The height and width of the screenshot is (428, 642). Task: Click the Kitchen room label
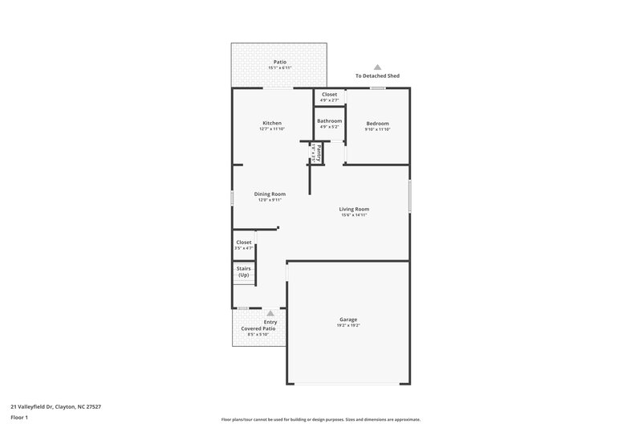271,123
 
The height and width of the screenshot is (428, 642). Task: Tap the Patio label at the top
279,62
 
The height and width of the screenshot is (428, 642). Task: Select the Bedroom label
377,123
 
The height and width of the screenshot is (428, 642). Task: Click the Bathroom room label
329,121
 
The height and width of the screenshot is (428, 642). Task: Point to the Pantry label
319,151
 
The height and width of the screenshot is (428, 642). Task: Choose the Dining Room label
270,194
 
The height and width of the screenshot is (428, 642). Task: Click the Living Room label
354,209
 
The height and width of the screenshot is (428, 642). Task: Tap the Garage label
348,319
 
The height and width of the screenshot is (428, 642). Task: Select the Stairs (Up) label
243,271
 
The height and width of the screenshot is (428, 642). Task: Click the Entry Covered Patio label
259,325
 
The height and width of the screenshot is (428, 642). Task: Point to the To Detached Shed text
377,76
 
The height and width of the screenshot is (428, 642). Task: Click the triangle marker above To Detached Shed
377,67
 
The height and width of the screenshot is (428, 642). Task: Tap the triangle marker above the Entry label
270,313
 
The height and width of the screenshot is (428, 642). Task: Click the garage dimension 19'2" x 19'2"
348,325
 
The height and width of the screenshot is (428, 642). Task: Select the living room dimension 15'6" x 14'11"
354,215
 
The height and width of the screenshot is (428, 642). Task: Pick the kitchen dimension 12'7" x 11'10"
271,129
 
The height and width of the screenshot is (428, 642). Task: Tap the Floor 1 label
20,418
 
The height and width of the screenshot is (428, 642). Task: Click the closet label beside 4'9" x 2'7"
329,94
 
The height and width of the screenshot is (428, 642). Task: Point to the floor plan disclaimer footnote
320,419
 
